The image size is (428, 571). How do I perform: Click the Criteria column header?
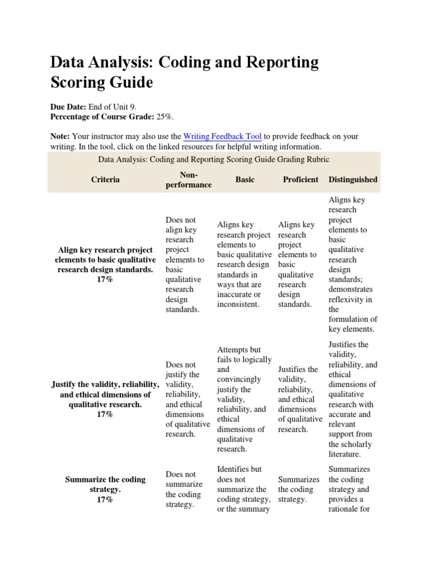click(105, 180)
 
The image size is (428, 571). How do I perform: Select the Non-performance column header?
click(188, 180)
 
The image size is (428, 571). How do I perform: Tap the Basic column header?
click(245, 180)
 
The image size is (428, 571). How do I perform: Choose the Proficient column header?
click(300, 180)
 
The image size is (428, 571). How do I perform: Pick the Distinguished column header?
click(353, 180)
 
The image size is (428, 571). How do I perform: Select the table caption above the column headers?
click(214, 159)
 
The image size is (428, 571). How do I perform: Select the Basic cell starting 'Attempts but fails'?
click(244, 399)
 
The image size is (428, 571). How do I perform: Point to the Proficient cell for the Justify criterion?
click(300, 399)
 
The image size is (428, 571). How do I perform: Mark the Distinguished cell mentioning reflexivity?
click(352, 264)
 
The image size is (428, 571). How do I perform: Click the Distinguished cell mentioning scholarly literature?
click(352, 399)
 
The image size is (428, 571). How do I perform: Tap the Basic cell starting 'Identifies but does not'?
click(244, 489)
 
